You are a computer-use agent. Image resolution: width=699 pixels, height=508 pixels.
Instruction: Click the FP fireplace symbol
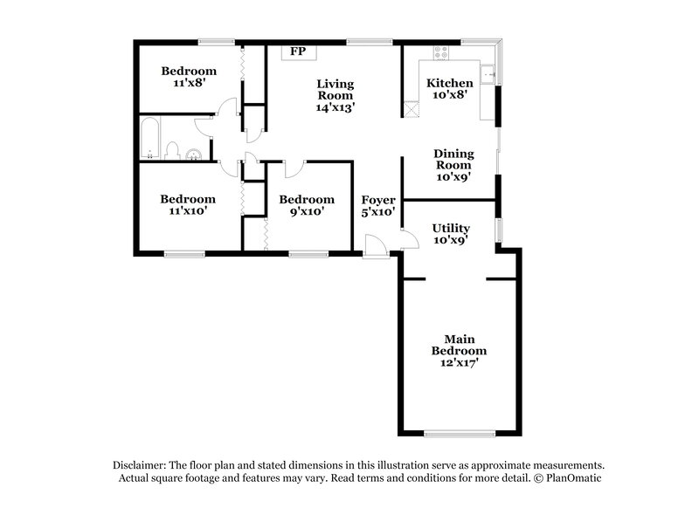click(298, 52)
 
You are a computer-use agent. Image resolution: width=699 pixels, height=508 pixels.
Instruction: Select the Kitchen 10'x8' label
click(449, 89)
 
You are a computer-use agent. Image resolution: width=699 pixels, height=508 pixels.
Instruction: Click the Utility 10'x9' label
click(451, 234)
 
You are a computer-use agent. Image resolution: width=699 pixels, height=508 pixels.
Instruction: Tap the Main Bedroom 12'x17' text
click(459, 351)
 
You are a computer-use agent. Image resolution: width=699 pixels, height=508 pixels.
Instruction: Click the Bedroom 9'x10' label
click(306, 205)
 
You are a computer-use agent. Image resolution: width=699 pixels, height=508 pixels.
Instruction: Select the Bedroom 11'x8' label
click(188, 77)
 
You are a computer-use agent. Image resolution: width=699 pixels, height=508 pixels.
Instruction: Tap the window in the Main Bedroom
click(460, 433)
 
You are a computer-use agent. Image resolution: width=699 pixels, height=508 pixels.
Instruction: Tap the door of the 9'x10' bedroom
click(292, 168)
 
